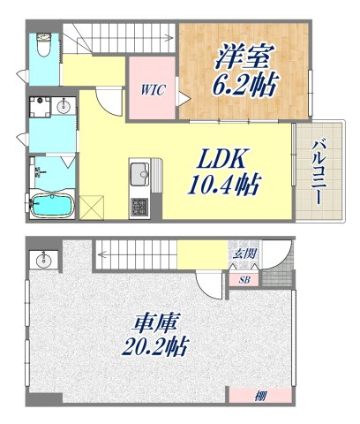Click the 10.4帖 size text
224,186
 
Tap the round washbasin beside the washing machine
63,107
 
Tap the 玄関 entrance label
244,254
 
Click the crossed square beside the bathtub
93,209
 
